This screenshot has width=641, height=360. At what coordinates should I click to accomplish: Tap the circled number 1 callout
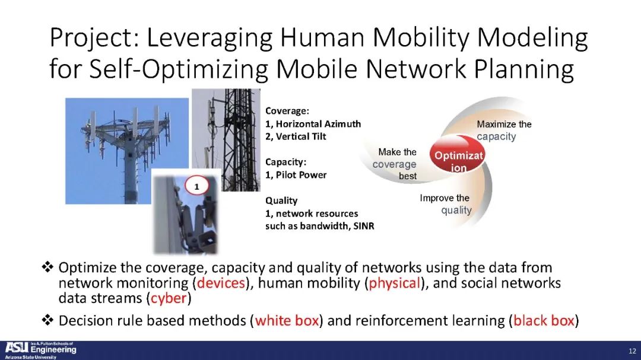[196, 186]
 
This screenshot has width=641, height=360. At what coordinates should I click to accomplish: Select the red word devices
[221, 283]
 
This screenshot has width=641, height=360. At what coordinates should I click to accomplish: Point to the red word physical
[395, 283]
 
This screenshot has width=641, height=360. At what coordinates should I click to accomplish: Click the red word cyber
[169, 298]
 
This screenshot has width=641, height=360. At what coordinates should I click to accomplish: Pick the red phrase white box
[287, 320]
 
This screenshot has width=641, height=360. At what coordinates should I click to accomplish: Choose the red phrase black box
[544, 320]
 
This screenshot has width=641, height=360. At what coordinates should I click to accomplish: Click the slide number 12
[632, 351]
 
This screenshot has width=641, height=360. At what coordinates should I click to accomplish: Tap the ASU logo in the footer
[17, 348]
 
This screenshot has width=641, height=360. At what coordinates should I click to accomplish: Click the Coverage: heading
[287, 111]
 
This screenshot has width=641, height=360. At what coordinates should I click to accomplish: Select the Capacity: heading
[285, 162]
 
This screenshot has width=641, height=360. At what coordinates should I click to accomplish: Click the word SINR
[363, 226]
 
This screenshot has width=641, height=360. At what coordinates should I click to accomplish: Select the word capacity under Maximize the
[496, 136]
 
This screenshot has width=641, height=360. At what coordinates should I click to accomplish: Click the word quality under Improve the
[456, 210]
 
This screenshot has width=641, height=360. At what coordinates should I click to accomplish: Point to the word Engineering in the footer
[53, 350]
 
